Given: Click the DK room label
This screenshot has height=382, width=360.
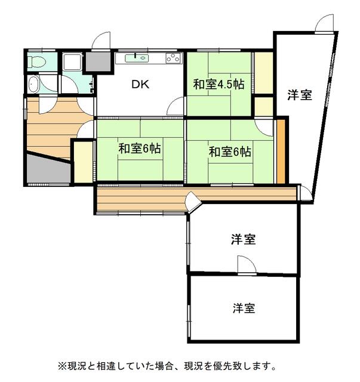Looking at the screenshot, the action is click(x=140, y=84).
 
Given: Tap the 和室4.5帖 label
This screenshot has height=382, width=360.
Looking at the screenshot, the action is click(x=219, y=85).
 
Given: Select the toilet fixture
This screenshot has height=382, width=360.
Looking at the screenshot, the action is click(x=36, y=61).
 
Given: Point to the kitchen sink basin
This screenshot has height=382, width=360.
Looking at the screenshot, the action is click(x=137, y=58).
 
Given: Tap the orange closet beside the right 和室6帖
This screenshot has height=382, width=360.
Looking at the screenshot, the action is click(x=281, y=152).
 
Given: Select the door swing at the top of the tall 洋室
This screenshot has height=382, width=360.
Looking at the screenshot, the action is click(x=324, y=23).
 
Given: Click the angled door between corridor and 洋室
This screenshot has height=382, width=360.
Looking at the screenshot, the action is click(x=193, y=202).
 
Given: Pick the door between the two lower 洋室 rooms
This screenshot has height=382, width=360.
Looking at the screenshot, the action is click(x=247, y=265).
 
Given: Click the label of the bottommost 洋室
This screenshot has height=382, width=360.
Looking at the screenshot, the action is click(x=244, y=308).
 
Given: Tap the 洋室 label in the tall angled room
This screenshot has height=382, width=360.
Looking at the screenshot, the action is click(x=300, y=95).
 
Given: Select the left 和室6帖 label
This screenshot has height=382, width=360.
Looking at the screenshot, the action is click(x=140, y=149).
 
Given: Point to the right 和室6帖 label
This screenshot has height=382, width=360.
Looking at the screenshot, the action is click(x=230, y=152).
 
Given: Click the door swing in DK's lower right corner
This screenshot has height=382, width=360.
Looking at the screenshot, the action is click(x=176, y=106).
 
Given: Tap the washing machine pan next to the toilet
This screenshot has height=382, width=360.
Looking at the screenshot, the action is click(x=72, y=62).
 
